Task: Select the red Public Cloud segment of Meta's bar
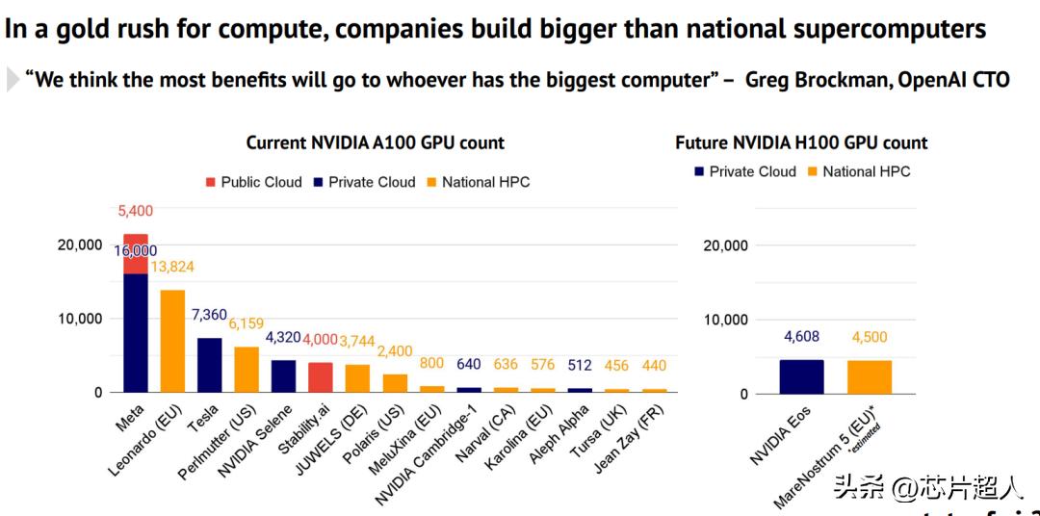click(x=136, y=254)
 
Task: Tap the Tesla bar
click(x=210, y=365)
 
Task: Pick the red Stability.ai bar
click(x=321, y=377)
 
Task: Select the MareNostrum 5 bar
click(x=870, y=376)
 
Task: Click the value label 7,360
click(x=210, y=315)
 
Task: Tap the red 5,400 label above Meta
click(x=136, y=211)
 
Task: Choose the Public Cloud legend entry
click(x=253, y=182)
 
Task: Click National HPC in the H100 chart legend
click(x=856, y=171)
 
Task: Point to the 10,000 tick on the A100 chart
click(x=78, y=319)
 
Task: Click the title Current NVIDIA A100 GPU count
click(x=376, y=143)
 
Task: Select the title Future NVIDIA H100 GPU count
click(x=801, y=143)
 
